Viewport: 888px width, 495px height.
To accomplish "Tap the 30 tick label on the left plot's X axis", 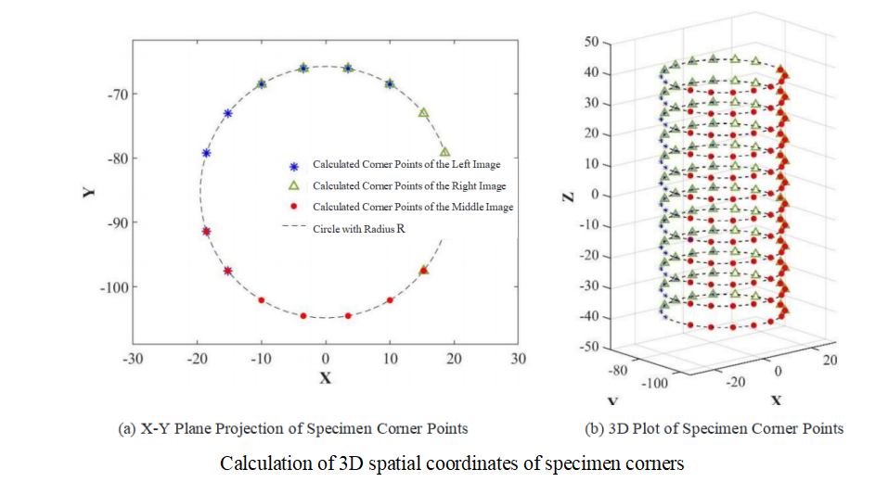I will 518,359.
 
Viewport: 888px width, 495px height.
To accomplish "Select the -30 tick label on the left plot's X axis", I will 132,359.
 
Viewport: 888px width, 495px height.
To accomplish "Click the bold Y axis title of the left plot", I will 87,191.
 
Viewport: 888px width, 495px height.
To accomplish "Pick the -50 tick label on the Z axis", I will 588,348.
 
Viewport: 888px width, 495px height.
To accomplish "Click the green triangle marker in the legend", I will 294,186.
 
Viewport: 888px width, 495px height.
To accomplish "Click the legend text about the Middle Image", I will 413,208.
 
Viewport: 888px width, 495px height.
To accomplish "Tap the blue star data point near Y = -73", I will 228,113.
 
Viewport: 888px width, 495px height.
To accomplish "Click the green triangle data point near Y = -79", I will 444,152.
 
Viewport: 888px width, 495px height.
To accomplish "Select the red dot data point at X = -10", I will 261,299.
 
